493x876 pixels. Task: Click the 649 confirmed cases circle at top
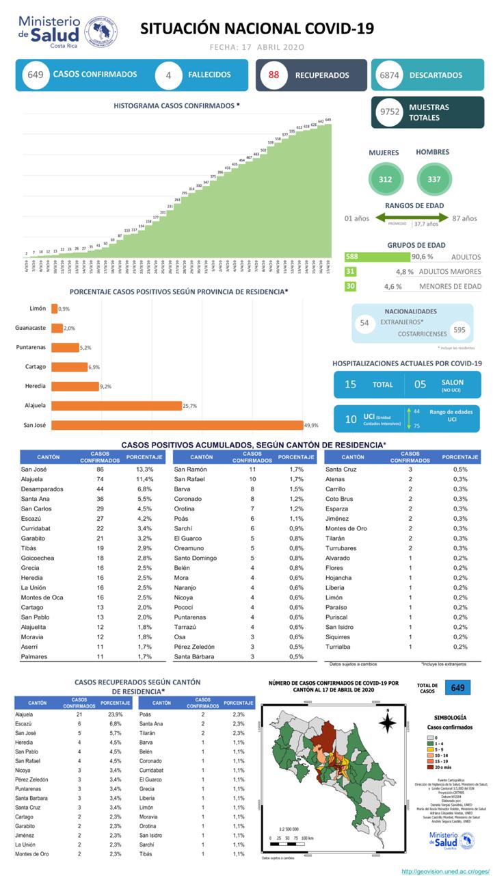pyautogui.click(x=36, y=75)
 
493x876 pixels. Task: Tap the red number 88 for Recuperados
pyautogui.click(x=274, y=75)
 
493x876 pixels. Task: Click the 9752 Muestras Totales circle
pyautogui.click(x=389, y=112)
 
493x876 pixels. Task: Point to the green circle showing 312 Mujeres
pyautogui.click(x=386, y=179)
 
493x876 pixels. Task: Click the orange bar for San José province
pyautogui.click(x=176, y=425)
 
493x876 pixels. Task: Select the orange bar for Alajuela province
pyautogui.click(x=116, y=406)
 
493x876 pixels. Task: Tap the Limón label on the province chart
pyautogui.click(x=38, y=309)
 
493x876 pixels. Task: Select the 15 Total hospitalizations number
pyautogui.click(x=350, y=385)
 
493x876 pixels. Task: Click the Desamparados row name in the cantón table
pyautogui.click(x=42, y=489)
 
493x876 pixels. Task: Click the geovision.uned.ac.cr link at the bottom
pyautogui.click(x=445, y=871)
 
